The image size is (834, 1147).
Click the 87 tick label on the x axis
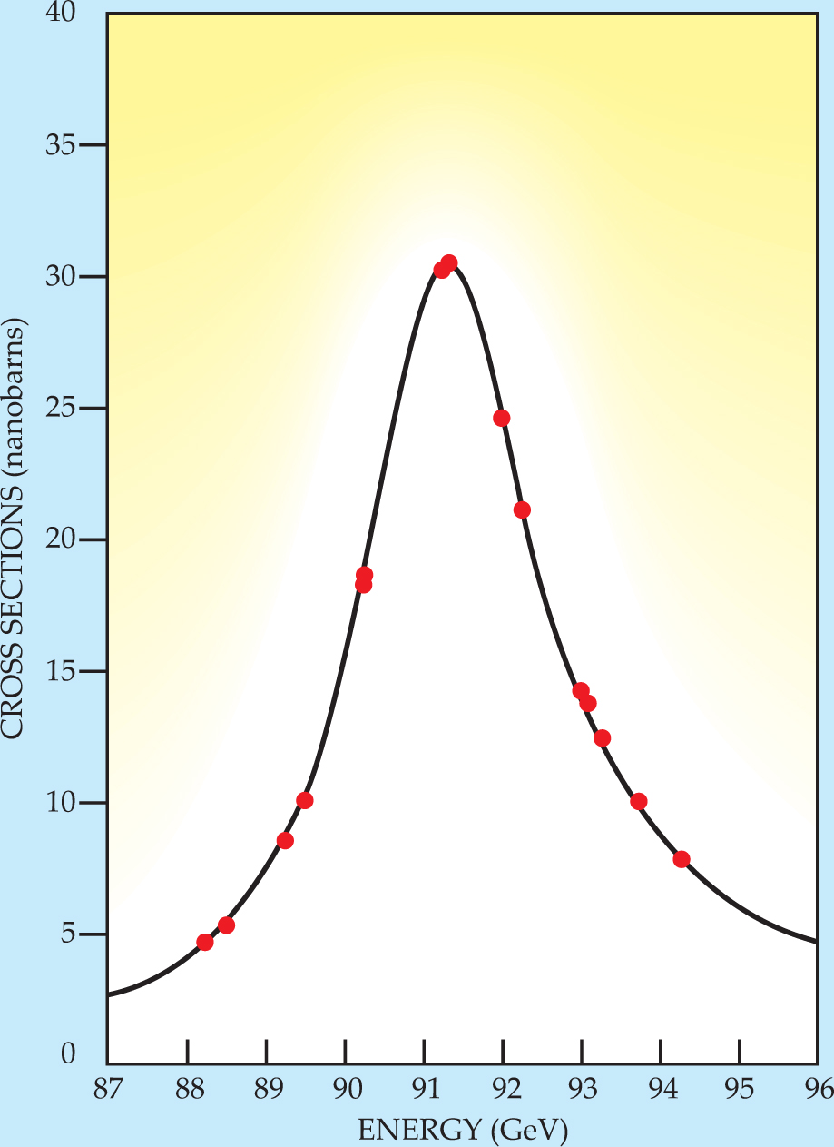107,1088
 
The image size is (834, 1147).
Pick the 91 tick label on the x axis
424,1088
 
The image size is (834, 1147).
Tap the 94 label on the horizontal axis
662,1088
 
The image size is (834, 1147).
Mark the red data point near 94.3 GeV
682,859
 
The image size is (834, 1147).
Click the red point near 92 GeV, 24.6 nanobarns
501,418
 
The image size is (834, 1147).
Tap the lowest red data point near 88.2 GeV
205,943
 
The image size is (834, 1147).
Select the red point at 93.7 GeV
639,801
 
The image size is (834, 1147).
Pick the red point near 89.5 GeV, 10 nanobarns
305,800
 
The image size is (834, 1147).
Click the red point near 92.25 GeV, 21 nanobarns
522,509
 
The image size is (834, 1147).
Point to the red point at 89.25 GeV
285,840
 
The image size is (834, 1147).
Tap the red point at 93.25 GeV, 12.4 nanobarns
602,737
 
